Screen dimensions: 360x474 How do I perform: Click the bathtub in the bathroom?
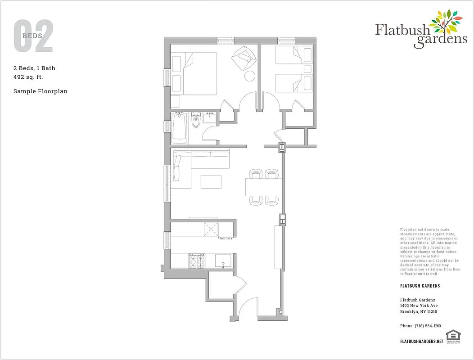tap(179, 128)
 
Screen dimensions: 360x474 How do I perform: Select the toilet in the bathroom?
tap(195, 121)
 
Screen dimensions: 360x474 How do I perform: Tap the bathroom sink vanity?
tap(210, 118)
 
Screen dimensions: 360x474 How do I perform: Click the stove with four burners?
tap(196, 261)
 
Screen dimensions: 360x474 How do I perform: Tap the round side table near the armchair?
tap(249, 76)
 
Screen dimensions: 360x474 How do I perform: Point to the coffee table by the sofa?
tap(211, 181)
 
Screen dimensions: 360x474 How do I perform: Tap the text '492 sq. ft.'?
tap(28, 77)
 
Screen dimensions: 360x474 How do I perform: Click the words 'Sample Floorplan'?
tap(40, 91)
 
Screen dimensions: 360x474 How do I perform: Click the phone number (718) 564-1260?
tap(420, 326)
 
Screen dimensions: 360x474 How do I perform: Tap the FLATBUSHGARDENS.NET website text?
tap(421, 342)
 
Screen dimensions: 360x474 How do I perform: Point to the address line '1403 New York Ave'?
tap(419, 306)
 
